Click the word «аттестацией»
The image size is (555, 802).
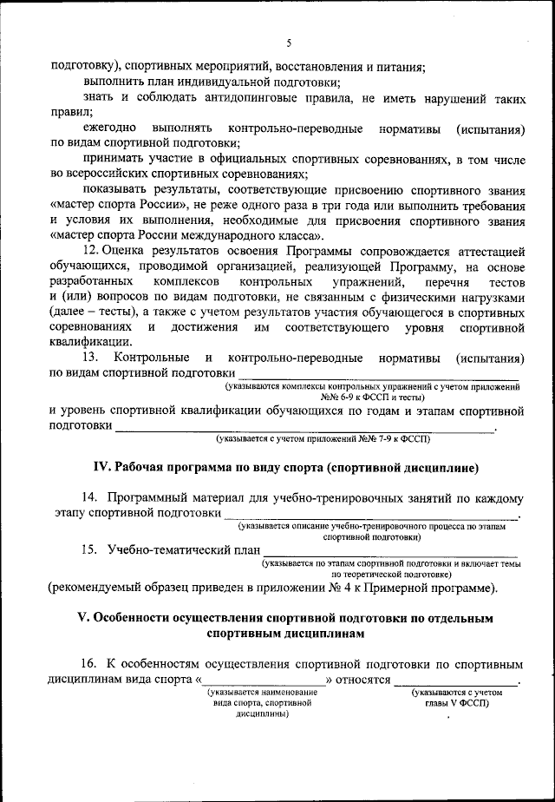point(486,250)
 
